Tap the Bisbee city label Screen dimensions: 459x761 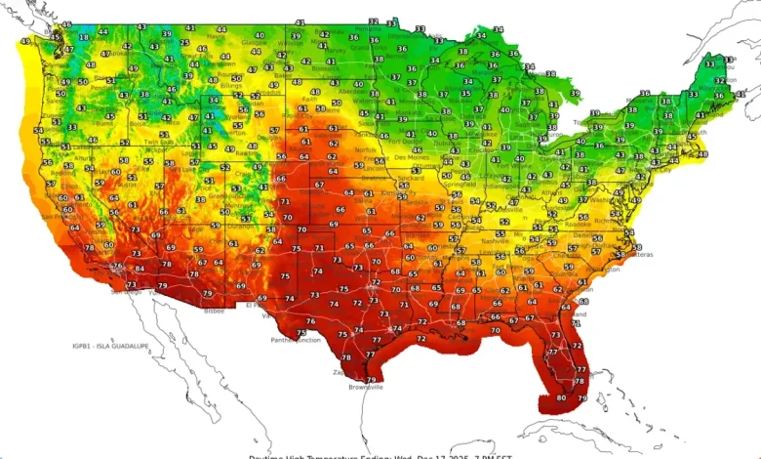tap(214, 311)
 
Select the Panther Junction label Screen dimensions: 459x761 tap(295, 340)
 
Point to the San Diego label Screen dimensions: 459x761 tap(125, 290)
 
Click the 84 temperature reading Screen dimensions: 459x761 tap(140, 268)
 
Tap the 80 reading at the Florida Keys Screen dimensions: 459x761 tap(561, 397)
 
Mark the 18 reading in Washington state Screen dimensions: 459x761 tap(83, 36)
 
